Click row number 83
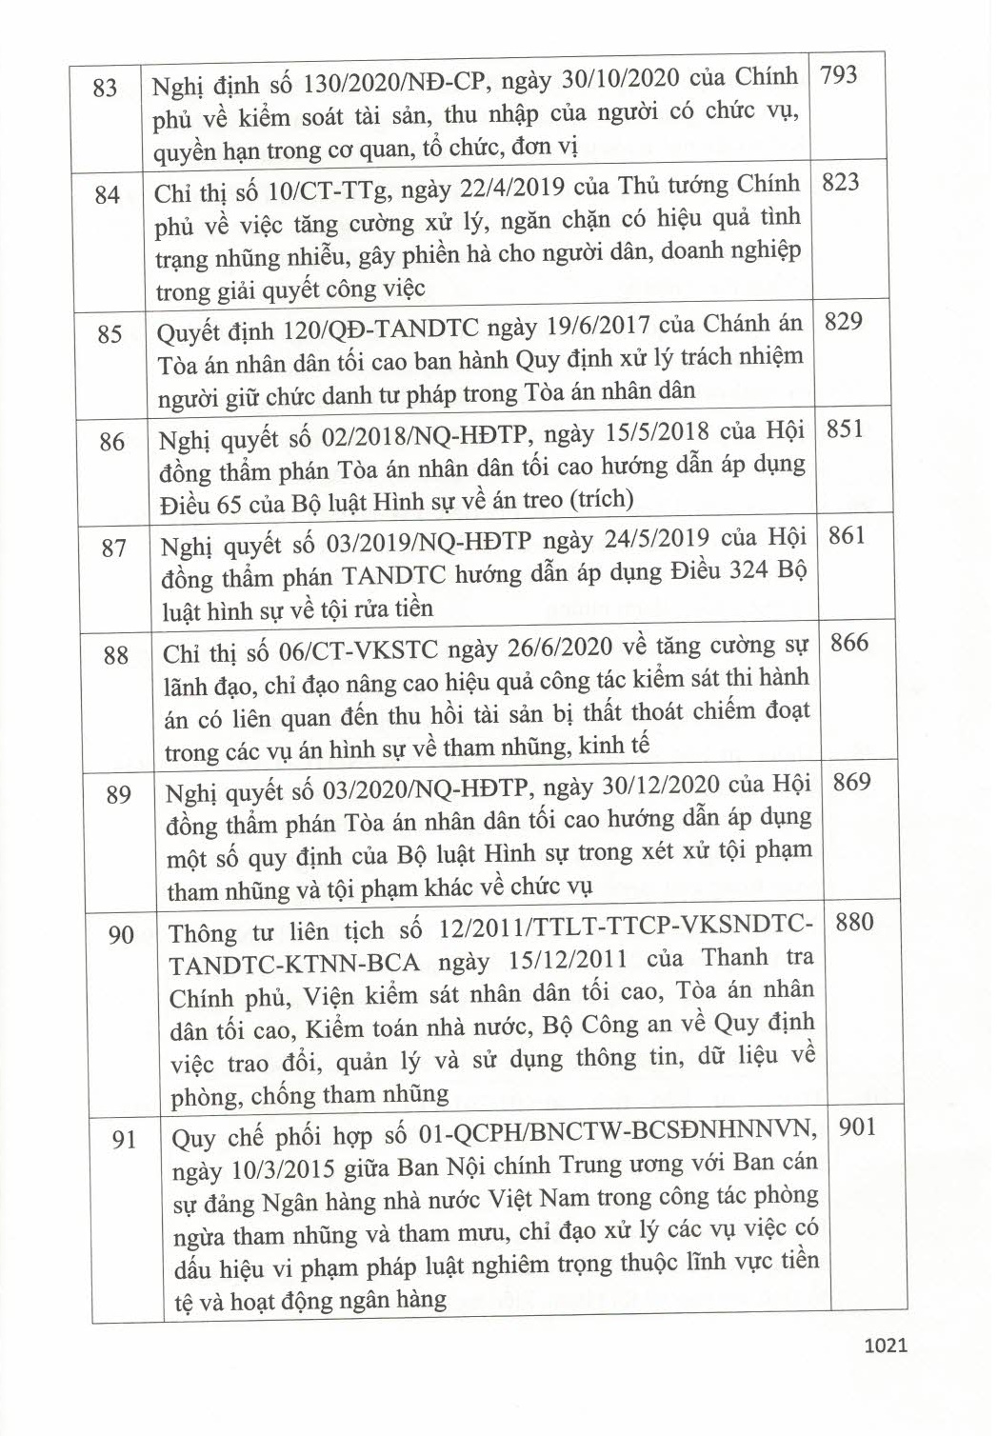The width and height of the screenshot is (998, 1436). click(106, 87)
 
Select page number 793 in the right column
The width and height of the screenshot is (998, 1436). click(838, 74)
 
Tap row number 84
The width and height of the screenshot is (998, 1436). click(108, 194)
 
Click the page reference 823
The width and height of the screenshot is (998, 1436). click(840, 182)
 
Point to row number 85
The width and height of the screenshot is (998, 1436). click(110, 334)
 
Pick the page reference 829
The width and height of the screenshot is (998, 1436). click(843, 321)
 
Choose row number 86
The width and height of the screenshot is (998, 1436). click(111, 442)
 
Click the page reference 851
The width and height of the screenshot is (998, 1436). click(845, 429)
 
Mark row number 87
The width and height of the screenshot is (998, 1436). click(113, 548)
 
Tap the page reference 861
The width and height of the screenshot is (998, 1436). click(847, 535)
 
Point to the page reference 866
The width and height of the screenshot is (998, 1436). click(848, 643)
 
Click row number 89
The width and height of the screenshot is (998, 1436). click(118, 794)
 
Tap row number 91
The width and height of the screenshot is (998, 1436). click(124, 1139)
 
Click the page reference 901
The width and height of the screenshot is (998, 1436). click(857, 1127)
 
